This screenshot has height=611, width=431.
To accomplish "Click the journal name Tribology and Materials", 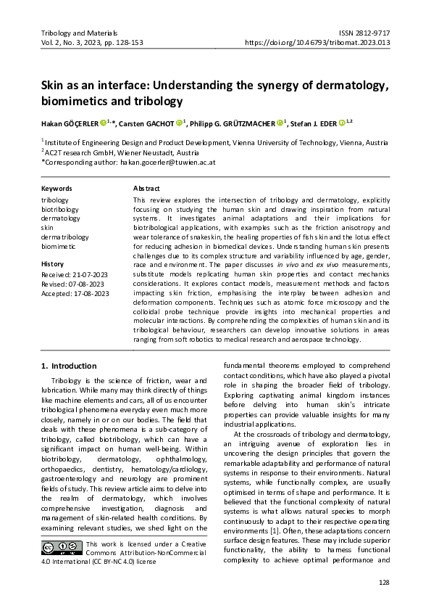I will point(79,33).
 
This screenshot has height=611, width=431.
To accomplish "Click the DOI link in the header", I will point(318,43).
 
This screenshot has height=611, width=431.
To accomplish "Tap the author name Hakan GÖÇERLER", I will point(69,123).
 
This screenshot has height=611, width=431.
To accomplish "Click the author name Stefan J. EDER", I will point(317,123).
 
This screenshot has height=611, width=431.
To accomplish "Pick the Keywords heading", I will point(57,189).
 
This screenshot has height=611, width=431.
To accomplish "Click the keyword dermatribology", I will point(65,237).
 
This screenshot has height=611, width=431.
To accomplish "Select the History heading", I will point(53,264).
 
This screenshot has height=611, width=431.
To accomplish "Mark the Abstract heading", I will point(146,189).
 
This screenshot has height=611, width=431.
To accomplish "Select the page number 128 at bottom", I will point(384,583).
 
